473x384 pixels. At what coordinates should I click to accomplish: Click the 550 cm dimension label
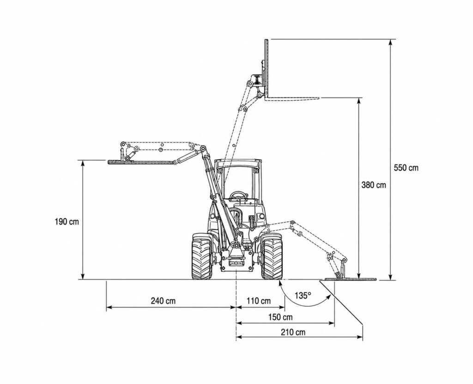(x=406, y=167)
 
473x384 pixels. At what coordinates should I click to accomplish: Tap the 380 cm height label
(x=373, y=185)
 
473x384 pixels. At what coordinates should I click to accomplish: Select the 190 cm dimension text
(x=67, y=222)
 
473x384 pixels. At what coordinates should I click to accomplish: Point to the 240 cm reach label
(x=163, y=301)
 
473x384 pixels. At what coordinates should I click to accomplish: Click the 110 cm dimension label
(x=259, y=301)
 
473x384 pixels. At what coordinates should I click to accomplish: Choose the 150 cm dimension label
(x=280, y=317)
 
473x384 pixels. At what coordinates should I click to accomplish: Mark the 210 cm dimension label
(x=293, y=332)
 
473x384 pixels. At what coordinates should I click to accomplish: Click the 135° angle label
(x=303, y=295)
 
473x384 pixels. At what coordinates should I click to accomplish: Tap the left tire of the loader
(x=202, y=256)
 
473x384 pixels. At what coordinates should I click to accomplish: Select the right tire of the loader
(x=272, y=256)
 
